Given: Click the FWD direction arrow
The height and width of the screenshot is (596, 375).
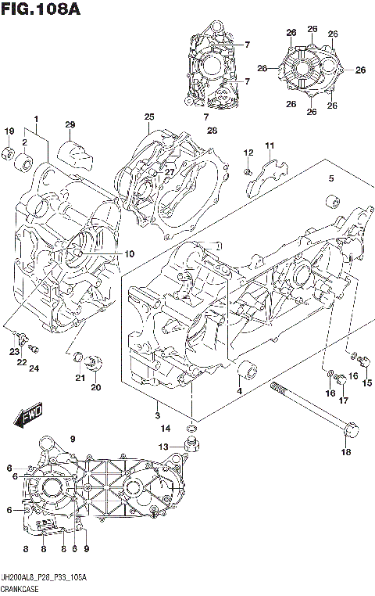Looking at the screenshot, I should tap(31, 419).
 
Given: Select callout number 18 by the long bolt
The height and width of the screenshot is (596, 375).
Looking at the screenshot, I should tap(346, 452).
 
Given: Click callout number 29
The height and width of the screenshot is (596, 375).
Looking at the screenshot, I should tap(70, 125).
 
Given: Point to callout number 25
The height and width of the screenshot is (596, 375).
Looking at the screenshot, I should tap(148, 117).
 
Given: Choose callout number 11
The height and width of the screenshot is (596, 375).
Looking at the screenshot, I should tap(270, 145).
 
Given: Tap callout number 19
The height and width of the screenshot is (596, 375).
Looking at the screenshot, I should tap(10, 131).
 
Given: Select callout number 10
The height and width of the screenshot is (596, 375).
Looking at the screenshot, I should tap(128, 253).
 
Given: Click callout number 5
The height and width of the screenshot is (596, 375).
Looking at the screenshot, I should tap(330, 179).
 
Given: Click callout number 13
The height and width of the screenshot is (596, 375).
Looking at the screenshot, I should tap(164, 446).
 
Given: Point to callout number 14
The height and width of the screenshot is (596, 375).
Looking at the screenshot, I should tap(165, 429).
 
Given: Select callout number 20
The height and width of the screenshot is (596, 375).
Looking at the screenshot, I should tap(96, 387).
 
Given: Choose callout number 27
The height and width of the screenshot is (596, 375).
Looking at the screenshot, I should tap(169, 172).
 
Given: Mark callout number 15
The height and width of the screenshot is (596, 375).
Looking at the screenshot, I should tap(367, 382).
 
